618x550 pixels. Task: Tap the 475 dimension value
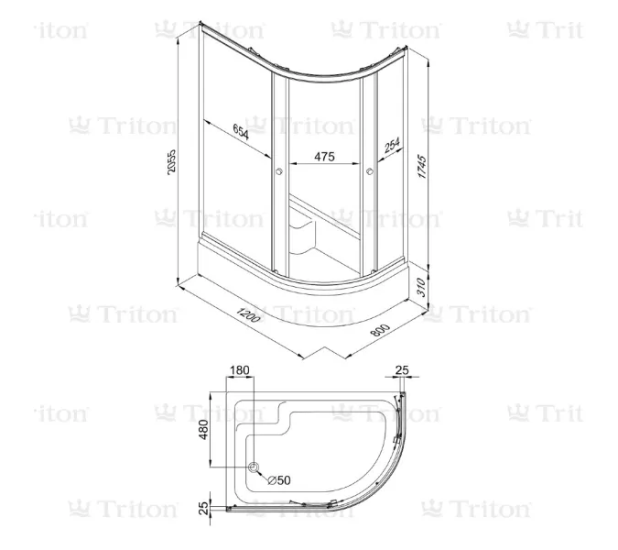click(x=323, y=157)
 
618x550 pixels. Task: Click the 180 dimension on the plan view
click(x=239, y=370)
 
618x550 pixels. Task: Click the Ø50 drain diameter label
click(x=279, y=478)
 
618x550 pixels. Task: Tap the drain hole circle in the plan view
click(x=255, y=469)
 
